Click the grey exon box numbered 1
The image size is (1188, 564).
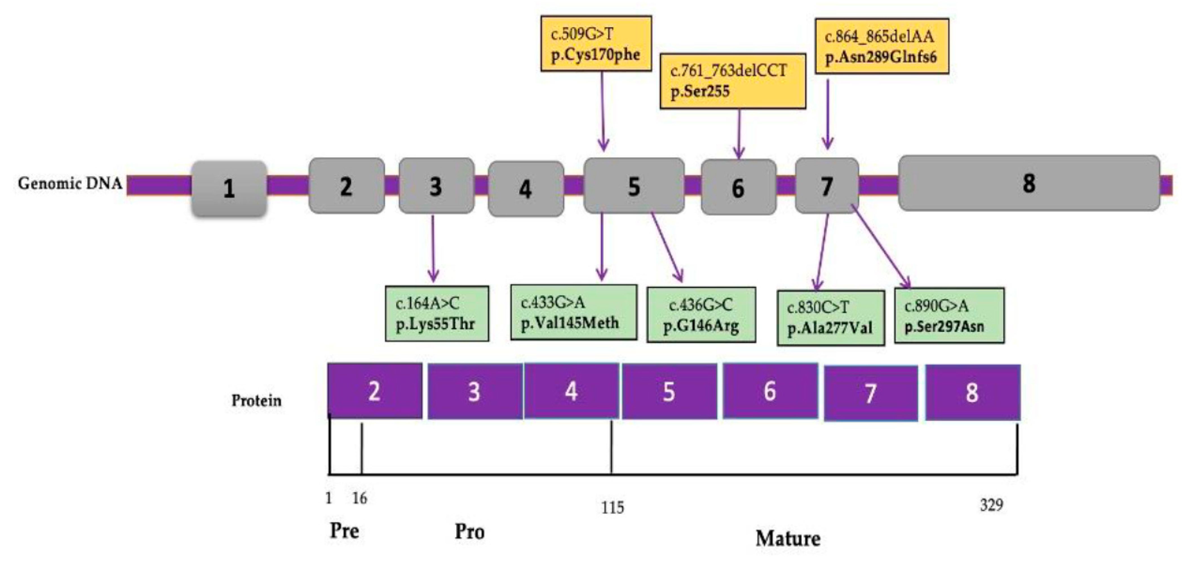click(229, 188)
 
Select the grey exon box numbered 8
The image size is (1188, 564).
click(1029, 183)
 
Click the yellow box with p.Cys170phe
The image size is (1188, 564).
click(596, 44)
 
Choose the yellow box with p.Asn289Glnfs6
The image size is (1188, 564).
click(882, 46)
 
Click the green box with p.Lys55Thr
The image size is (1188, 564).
click(437, 314)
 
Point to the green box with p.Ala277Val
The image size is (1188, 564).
click(830, 318)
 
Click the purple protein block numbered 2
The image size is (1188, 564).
click(374, 391)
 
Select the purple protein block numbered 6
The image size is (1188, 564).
click(770, 391)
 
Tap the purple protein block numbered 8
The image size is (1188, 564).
click(972, 393)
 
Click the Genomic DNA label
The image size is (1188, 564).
click(70, 183)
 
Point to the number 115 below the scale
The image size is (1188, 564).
click(612, 507)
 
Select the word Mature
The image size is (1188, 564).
click(788, 538)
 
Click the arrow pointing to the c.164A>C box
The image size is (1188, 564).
click(433, 249)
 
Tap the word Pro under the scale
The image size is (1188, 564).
click(469, 532)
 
